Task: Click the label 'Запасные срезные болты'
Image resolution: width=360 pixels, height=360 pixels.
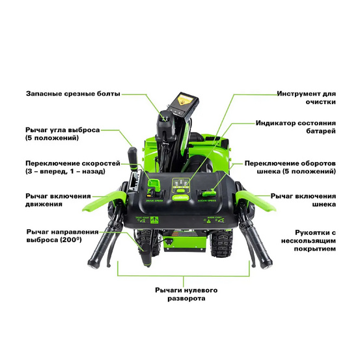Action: (73, 94)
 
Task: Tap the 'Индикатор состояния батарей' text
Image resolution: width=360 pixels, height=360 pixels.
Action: (296, 126)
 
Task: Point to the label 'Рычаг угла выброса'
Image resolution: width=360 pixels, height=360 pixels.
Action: (62, 134)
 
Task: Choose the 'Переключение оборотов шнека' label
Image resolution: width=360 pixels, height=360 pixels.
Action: (290, 168)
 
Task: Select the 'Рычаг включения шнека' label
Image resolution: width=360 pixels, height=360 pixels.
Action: (304, 200)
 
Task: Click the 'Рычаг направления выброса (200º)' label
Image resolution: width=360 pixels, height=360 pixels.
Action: (62, 236)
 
